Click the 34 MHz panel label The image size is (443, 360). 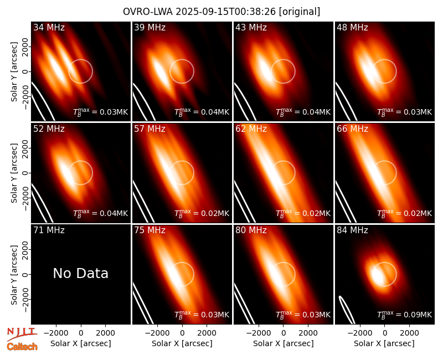(49, 27)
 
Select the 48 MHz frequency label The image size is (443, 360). (352, 27)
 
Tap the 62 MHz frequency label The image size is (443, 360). (251, 129)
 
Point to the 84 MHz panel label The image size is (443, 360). (352, 230)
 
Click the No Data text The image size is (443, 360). (80, 274)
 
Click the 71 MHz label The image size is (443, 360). (49, 230)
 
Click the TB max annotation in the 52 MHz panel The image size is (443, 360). (101, 213)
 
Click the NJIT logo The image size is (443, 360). (22, 334)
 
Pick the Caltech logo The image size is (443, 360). (22, 347)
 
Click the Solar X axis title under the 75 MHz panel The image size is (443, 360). (182, 343)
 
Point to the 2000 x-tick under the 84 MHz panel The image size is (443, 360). (409, 333)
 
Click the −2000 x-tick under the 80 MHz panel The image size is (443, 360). (259, 333)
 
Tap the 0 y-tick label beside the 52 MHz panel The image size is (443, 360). (25, 173)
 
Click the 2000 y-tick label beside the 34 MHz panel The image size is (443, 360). (25, 47)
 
